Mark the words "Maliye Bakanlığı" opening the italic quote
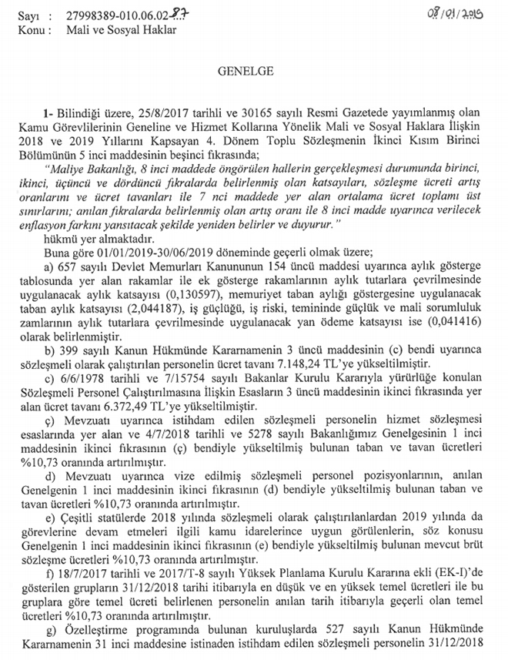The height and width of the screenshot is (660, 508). point(84,185)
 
